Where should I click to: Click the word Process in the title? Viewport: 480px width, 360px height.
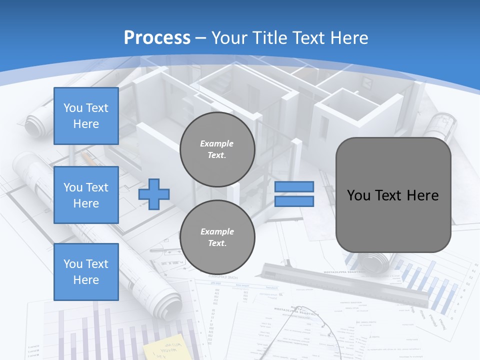(157, 37)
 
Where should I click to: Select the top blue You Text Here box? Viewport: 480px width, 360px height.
(86, 116)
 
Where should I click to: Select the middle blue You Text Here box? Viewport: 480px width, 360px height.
(86, 195)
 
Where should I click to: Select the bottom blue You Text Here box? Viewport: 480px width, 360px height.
(86, 271)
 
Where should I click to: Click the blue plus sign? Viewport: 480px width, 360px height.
(154, 194)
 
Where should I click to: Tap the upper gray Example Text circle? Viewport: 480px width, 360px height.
(217, 149)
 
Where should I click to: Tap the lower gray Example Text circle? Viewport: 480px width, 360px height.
(217, 237)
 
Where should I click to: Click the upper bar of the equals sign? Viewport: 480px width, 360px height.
(294, 186)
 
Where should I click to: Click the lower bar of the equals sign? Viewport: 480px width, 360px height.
(294, 201)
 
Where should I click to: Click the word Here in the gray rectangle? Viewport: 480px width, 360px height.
(422, 195)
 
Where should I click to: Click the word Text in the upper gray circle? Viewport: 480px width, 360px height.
(216, 155)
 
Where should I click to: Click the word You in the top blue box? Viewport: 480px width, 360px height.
(73, 108)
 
